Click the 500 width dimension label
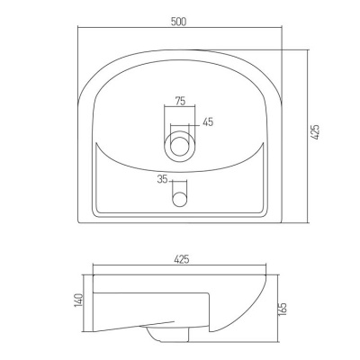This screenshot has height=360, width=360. click(179, 22)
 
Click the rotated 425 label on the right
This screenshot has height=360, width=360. click(315, 131)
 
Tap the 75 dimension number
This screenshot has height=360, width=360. click(180, 101)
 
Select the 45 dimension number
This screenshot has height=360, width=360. click(208, 121)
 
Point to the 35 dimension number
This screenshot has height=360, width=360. click(162, 179)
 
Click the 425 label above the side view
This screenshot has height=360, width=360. click(181, 259)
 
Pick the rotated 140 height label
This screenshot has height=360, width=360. click(79, 300)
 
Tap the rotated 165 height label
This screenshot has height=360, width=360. click(283, 309)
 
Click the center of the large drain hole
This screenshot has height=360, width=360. click(180, 146)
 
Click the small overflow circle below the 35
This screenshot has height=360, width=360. click(179, 199)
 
